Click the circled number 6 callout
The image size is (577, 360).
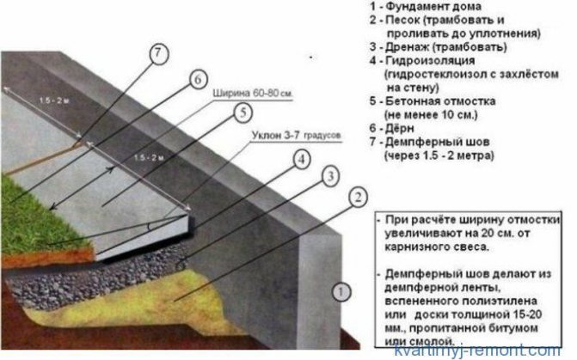coord(197,80)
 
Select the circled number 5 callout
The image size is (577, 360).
coord(244,112)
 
